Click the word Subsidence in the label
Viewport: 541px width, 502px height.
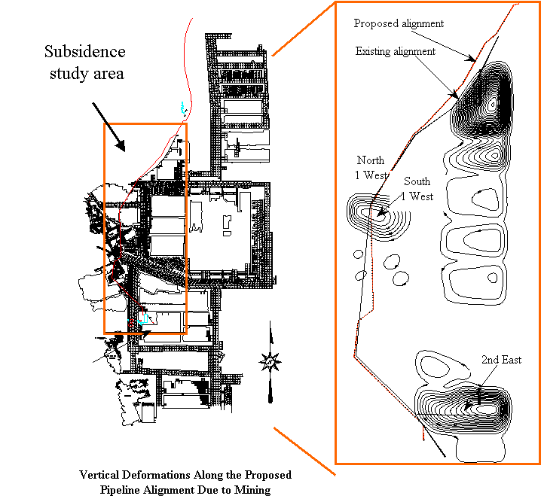(84, 52)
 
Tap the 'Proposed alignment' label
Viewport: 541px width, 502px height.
(399, 23)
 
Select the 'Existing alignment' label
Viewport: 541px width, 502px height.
(396, 51)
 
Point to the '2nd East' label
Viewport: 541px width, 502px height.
(502, 360)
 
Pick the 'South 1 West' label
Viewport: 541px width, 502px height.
(417, 189)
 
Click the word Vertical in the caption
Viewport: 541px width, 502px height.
(98, 476)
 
